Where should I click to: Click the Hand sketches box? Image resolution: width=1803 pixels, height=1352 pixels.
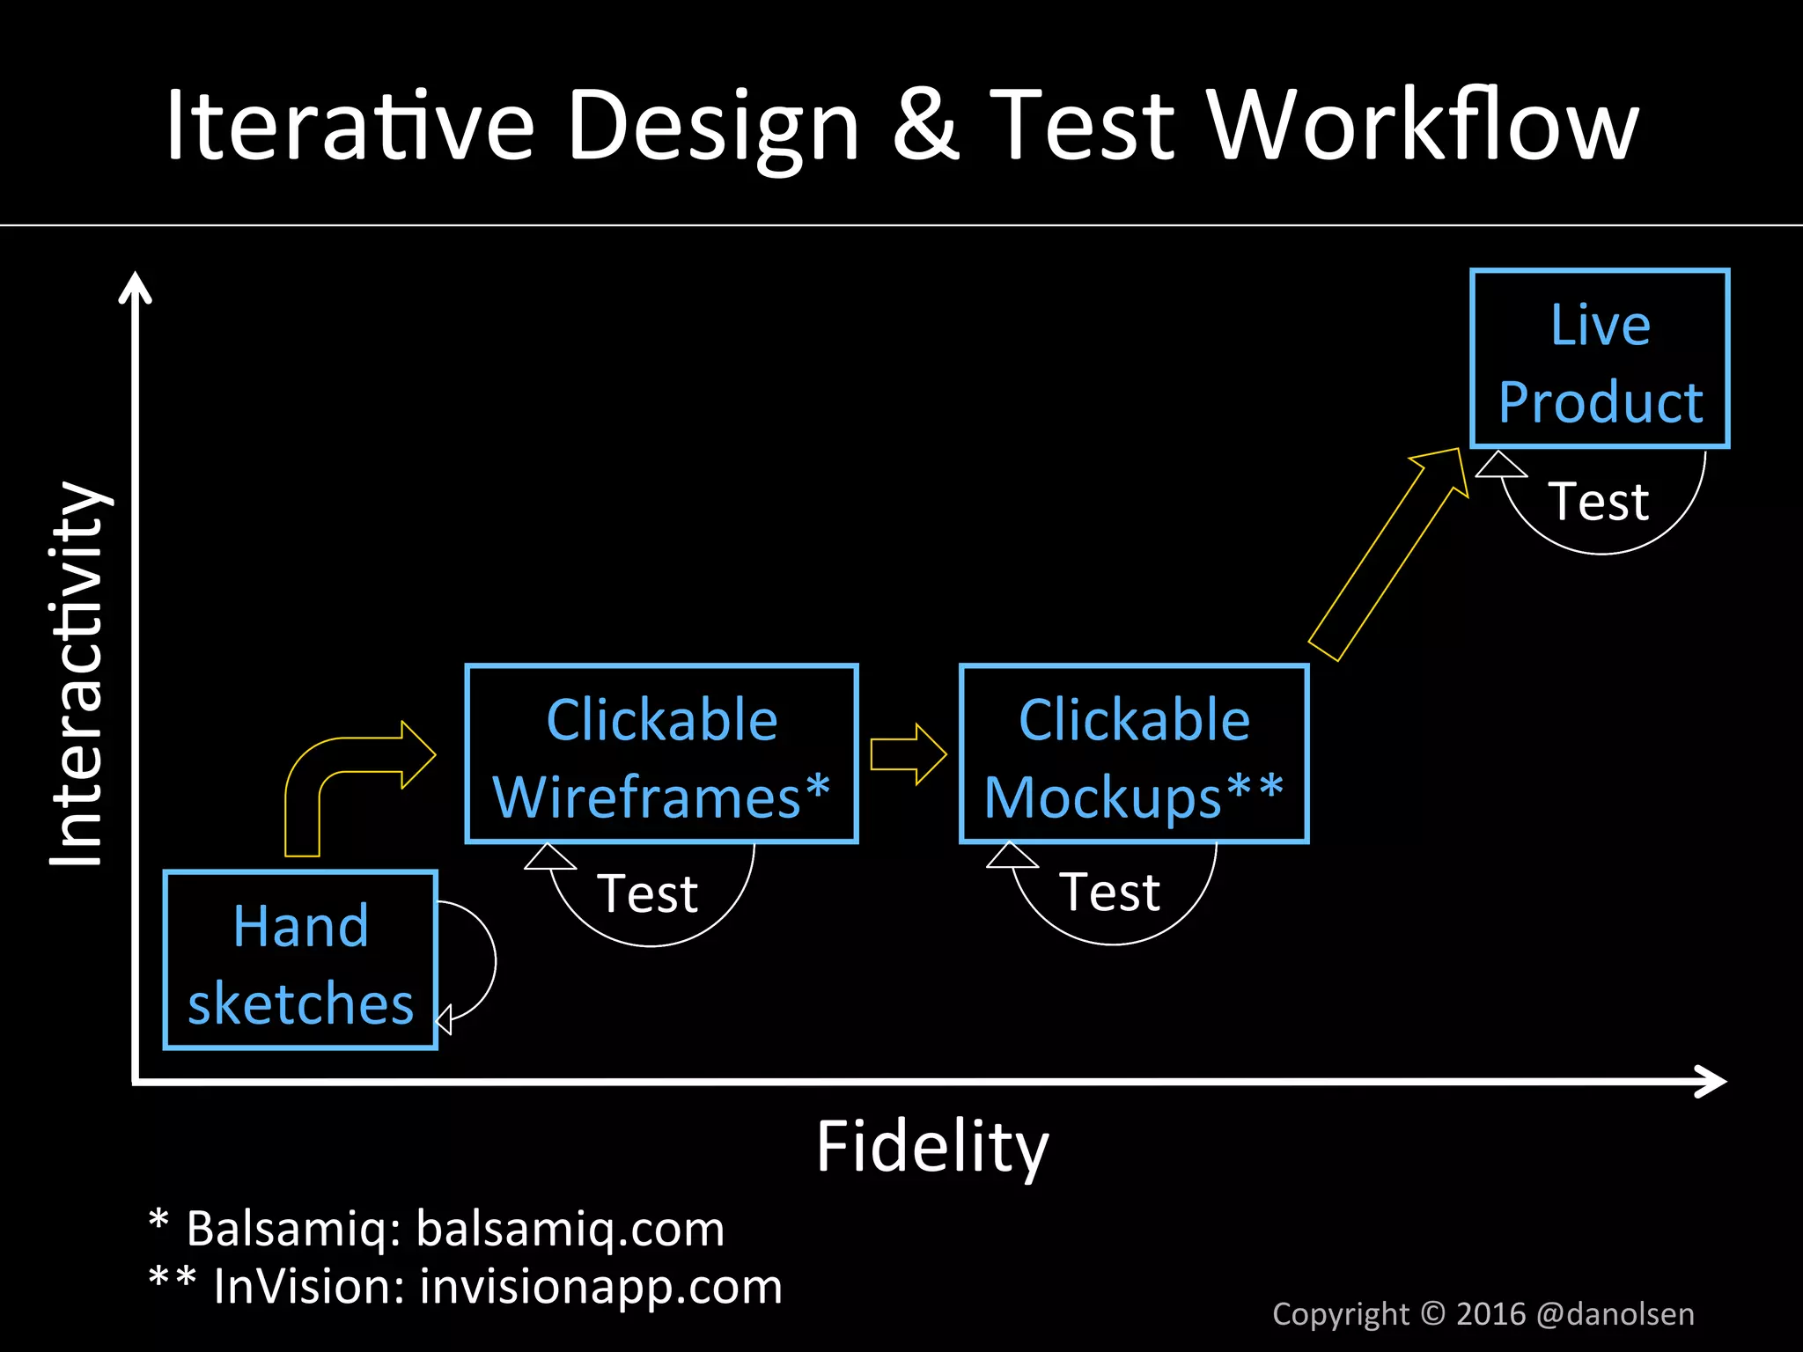(300, 960)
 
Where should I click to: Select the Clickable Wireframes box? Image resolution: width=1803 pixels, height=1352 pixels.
(661, 754)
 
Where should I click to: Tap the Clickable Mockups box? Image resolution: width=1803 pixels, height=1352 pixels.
(1134, 754)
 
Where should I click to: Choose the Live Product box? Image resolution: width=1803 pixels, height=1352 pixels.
(1600, 359)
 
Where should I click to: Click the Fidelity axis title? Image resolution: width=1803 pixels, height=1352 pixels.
(932, 1147)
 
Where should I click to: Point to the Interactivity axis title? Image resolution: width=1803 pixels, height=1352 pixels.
(77, 673)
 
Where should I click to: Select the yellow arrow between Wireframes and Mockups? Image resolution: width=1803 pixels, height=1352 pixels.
(908, 754)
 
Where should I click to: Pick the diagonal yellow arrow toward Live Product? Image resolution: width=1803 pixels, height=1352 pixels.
(1391, 555)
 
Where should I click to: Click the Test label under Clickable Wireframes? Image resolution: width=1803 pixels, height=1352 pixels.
(648, 894)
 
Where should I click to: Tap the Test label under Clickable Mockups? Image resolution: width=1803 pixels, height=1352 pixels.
(1110, 893)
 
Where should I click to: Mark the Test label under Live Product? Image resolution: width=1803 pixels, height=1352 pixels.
(1598, 502)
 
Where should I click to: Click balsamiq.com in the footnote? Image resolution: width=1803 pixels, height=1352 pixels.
(570, 1229)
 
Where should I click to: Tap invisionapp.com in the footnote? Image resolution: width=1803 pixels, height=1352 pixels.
(600, 1287)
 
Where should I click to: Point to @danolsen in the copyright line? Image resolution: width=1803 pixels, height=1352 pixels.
(1615, 1314)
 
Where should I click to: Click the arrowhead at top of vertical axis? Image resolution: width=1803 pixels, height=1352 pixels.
(136, 287)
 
